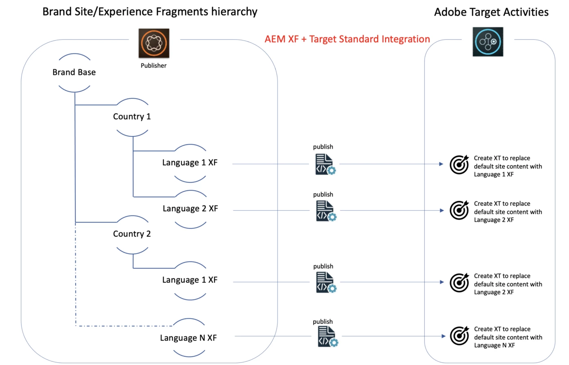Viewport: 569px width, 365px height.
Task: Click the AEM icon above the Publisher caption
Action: point(154,43)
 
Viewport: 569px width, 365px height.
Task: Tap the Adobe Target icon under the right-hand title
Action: point(488,42)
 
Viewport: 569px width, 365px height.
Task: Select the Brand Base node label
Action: point(74,72)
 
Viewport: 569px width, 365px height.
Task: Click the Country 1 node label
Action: point(132,117)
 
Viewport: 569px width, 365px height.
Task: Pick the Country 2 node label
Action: point(132,234)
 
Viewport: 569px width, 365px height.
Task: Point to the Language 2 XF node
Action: point(190,209)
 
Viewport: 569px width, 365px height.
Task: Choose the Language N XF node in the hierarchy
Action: point(188,338)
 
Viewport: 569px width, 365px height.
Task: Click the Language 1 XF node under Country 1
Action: point(190,163)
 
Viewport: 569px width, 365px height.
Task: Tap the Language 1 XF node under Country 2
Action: point(190,280)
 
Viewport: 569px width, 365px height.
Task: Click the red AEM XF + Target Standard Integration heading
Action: point(347,39)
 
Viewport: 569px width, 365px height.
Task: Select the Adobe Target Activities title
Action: point(491,12)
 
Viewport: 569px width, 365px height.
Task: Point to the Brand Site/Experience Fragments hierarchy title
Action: point(150,12)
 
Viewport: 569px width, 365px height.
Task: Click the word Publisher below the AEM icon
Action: point(154,66)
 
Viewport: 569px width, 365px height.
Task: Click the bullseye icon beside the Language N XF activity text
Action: point(460,336)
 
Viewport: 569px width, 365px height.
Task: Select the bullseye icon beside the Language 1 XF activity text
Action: point(459,165)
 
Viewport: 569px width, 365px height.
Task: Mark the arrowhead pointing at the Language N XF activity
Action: point(443,336)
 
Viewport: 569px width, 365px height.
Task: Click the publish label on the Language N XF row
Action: point(323,322)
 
